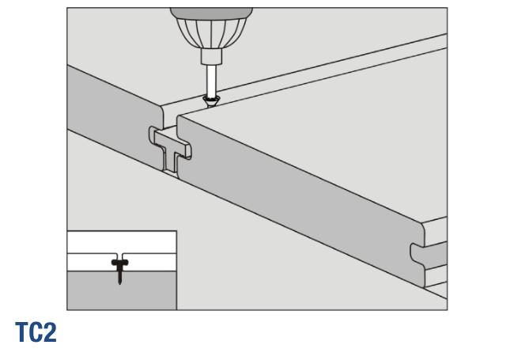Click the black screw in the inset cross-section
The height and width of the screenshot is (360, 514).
pos(121,269)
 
